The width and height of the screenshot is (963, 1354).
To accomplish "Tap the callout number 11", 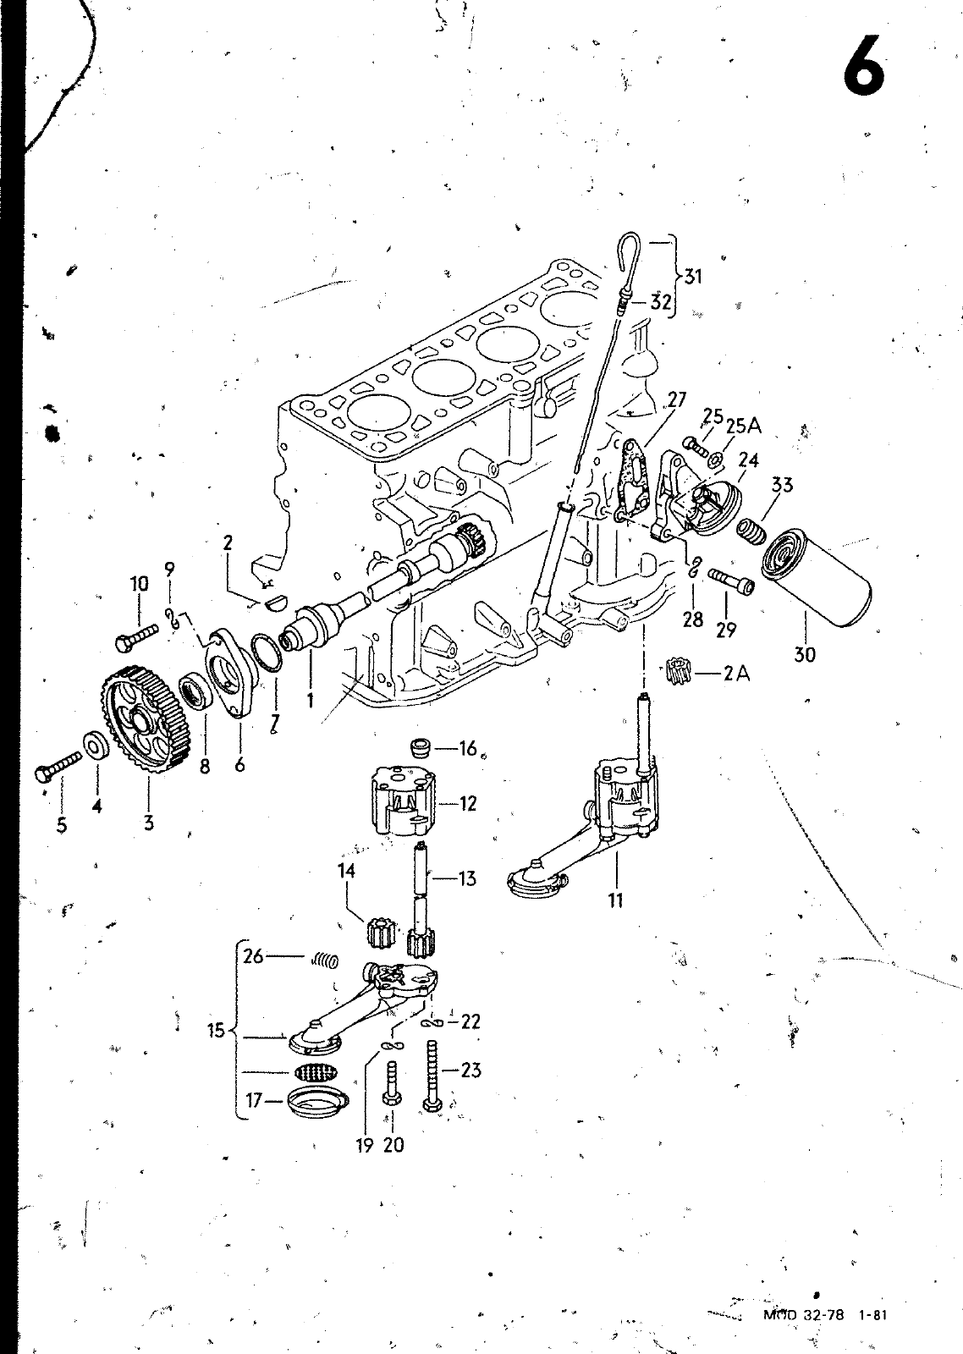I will [615, 900].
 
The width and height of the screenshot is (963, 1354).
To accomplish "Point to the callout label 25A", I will [743, 426].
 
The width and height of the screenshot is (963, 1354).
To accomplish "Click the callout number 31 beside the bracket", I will [693, 276].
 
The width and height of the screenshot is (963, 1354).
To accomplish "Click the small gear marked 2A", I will [680, 674].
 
